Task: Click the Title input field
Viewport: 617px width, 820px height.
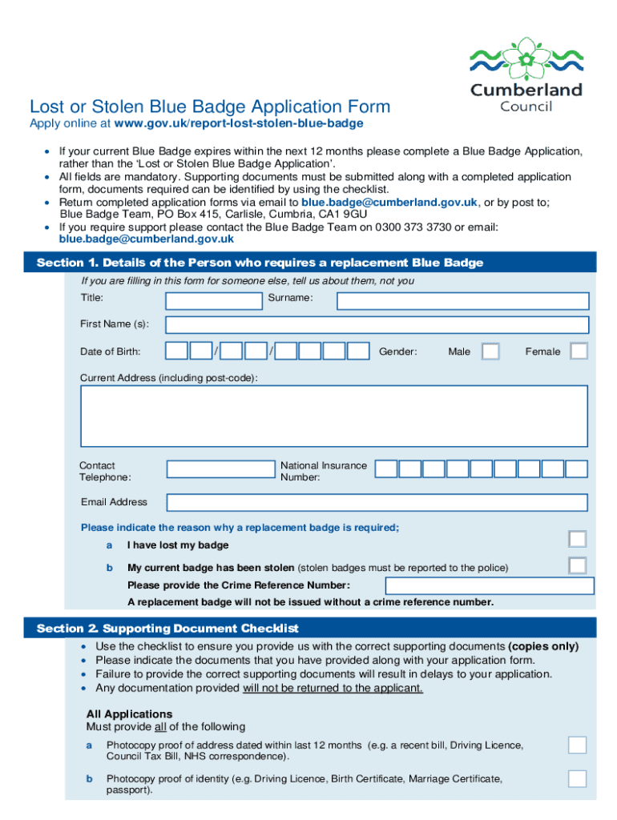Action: pyautogui.click(x=214, y=300)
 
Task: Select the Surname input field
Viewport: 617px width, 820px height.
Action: pyautogui.click(x=462, y=300)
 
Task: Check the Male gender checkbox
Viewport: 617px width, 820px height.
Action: pyautogui.click(x=490, y=352)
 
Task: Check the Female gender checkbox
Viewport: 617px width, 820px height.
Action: pyautogui.click(x=578, y=352)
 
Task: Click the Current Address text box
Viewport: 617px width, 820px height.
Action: pyautogui.click(x=333, y=416)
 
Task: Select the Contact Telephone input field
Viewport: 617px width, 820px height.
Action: pyautogui.click(x=220, y=468)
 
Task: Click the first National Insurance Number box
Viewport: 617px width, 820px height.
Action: pyautogui.click(x=386, y=468)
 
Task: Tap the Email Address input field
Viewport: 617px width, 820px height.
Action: pyautogui.click(x=377, y=502)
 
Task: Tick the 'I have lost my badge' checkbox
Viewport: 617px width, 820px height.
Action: pyautogui.click(x=577, y=539)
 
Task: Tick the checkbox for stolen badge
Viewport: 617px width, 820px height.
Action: pyautogui.click(x=577, y=565)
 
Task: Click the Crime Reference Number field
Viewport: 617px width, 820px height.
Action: pyautogui.click(x=489, y=585)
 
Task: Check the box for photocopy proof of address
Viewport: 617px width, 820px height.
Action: pyautogui.click(x=577, y=746)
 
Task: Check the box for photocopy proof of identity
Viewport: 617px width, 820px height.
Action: pyautogui.click(x=577, y=778)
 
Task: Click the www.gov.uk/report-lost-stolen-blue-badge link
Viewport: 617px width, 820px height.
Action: pyautogui.click(x=239, y=123)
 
